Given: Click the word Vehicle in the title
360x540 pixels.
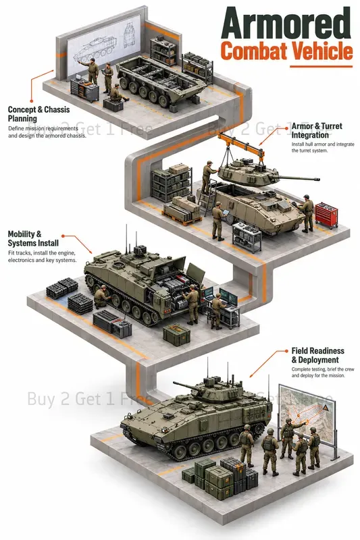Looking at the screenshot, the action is [319, 51].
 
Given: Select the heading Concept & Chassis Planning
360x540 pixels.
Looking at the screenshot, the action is [38, 114].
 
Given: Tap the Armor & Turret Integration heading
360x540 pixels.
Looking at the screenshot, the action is [317, 130].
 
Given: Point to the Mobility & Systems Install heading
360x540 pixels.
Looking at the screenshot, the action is [33, 239].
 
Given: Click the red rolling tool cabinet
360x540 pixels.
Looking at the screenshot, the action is [327, 215].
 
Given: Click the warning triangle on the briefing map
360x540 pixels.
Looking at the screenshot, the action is [325, 408].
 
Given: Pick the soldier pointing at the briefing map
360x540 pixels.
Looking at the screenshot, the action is [289, 437].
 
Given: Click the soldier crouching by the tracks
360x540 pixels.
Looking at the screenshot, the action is [102, 296].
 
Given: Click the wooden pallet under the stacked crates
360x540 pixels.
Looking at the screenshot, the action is [182, 219].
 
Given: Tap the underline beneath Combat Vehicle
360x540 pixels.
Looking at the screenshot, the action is [321, 66].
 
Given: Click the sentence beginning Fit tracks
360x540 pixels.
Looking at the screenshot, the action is [42, 256].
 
